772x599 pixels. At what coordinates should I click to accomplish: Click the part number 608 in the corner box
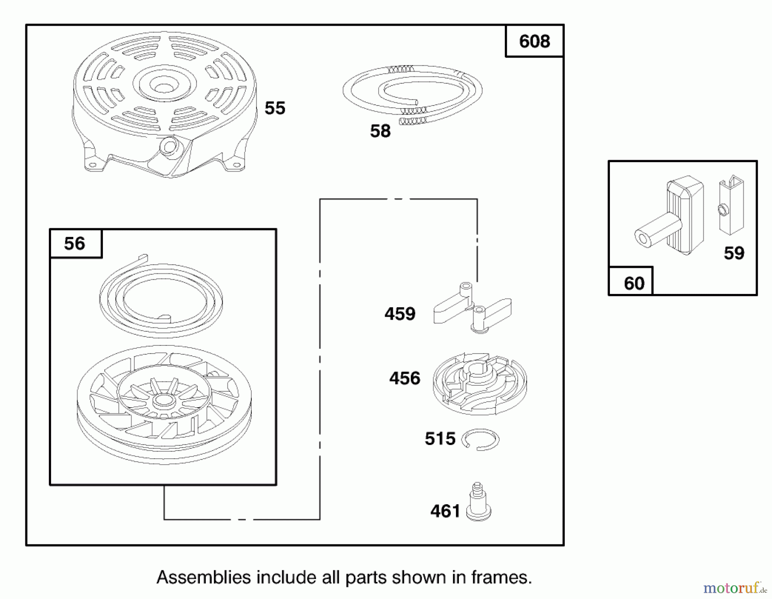click(534, 42)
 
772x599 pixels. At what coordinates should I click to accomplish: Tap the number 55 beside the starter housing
click(275, 108)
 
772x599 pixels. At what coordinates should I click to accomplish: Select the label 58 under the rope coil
click(380, 131)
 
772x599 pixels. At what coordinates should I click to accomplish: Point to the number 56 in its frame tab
click(75, 244)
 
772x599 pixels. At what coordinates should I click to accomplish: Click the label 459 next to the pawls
click(400, 314)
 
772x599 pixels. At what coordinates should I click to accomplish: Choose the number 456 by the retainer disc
click(405, 378)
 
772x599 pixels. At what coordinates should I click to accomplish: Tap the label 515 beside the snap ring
click(440, 439)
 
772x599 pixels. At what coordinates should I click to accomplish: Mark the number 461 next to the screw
click(446, 511)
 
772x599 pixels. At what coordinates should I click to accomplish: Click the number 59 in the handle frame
click(734, 253)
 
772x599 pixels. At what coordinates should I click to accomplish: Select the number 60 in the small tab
click(634, 284)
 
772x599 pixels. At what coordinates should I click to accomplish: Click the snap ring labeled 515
click(481, 440)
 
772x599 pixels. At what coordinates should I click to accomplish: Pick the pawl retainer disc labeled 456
click(480, 384)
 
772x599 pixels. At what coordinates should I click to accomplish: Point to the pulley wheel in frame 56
click(164, 404)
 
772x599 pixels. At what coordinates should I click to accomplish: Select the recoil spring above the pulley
click(161, 296)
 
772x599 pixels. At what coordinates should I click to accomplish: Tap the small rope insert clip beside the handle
click(731, 205)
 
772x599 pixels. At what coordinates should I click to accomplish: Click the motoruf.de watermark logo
click(735, 588)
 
